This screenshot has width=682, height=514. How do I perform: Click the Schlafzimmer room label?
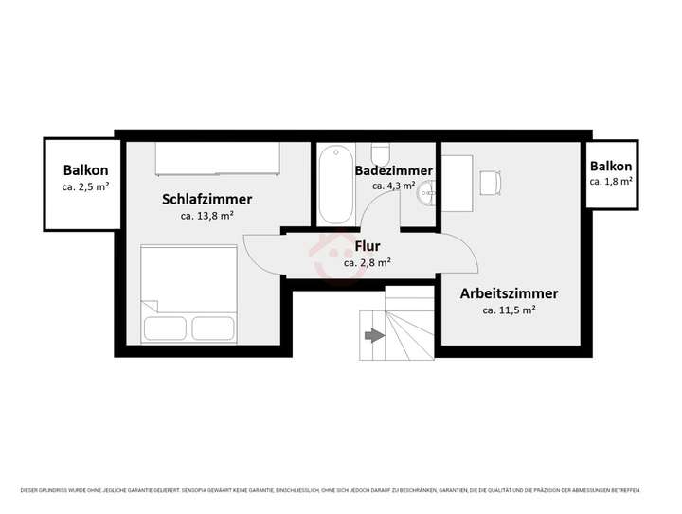click(206, 199)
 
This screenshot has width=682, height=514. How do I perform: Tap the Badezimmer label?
click(393, 170)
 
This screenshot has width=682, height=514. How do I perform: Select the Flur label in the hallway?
click(368, 247)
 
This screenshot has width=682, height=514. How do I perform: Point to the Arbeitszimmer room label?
click(509, 293)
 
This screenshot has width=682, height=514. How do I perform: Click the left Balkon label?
click(85, 171)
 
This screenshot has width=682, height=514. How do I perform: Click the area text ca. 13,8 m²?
click(206, 216)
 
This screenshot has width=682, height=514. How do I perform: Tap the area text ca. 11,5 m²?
click(509, 310)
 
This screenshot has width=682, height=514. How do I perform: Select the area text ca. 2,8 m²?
click(368, 263)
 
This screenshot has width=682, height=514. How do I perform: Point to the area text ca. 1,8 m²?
click(611, 180)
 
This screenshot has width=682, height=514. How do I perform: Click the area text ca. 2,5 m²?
click(85, 187)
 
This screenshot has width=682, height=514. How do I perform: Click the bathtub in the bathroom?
click(332, 185)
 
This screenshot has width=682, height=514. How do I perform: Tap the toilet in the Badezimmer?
click(381, 153)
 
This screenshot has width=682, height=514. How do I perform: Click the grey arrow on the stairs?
click(373, 334)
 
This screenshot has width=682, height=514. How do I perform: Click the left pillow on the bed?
click(166, 328)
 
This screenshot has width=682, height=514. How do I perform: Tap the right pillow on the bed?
click(214, 328)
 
